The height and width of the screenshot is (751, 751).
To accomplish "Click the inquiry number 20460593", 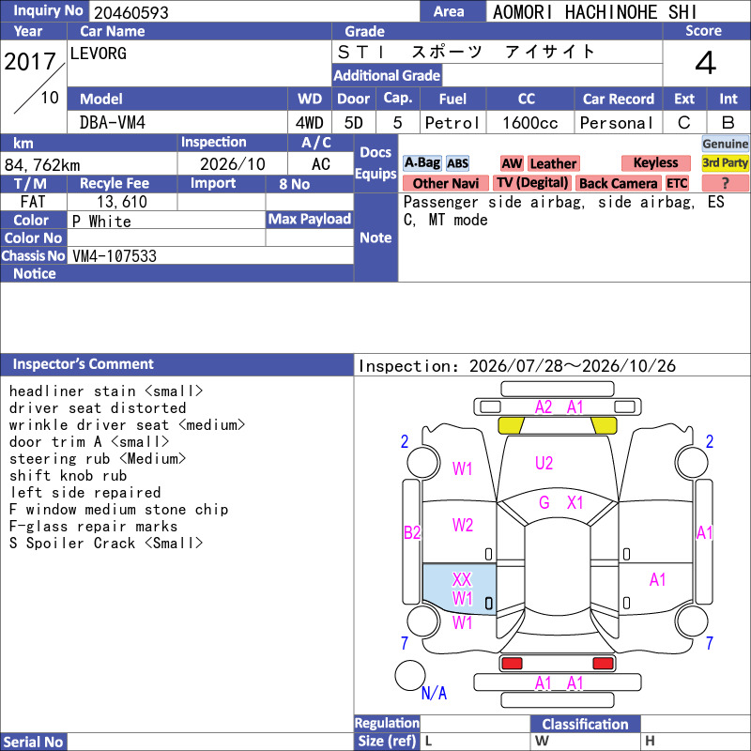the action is coord(131,12).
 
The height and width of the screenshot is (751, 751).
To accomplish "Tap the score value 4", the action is coord(706,63).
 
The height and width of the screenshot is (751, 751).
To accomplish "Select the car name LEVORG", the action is coord(99,54).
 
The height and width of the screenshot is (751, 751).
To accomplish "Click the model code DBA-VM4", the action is coord(113,123).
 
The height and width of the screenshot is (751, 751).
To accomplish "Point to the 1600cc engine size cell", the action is coord(530,123).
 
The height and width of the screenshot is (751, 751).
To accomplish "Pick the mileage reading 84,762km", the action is coord(42,165).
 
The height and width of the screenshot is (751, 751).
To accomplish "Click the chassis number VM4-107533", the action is coord(115,256).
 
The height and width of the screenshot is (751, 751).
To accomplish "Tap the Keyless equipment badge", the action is coord(655,162).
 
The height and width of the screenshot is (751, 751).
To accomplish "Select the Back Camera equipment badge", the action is coord(619,183).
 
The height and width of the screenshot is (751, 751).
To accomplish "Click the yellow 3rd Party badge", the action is coord(725,162).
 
